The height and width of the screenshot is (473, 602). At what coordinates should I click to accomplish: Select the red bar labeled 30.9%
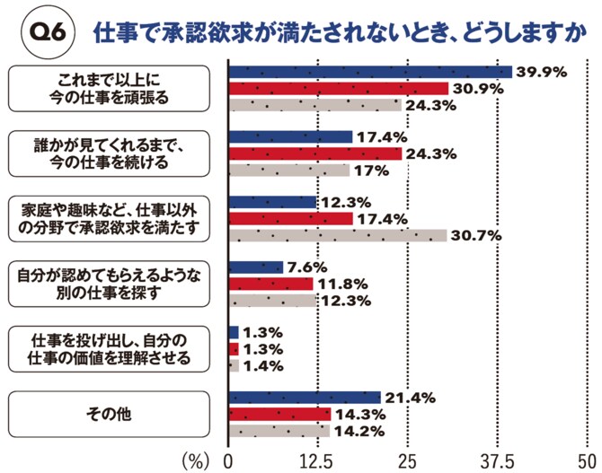[339, 88]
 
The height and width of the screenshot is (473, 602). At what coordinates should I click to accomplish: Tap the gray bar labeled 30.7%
[338, 235]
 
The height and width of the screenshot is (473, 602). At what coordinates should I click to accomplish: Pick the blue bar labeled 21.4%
[305, 398]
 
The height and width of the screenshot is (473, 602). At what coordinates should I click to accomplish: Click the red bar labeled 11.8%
[271, 284]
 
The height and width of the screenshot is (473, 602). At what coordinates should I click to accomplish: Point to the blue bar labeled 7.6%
[256, 267]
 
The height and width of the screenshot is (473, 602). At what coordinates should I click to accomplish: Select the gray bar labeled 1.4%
[235, 365]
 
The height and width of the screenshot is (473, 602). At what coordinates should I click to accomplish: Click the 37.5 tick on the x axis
[499, 460]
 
